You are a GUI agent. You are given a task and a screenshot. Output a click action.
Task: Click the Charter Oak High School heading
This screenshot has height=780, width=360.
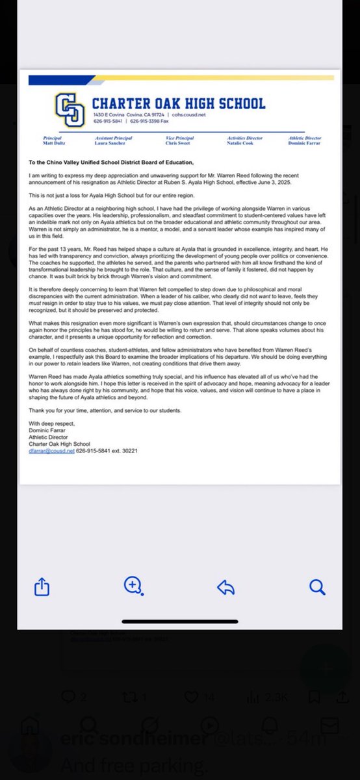coord(179,103)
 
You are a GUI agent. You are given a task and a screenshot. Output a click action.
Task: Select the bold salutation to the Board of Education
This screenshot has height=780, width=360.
coord(111,162)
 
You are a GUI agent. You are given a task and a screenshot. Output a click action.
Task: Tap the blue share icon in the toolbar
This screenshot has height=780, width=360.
coord(42,587)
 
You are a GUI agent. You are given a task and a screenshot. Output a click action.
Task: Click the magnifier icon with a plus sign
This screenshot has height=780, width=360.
coord(133,586)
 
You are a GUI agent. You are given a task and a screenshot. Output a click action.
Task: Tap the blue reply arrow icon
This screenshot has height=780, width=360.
coord(225,588)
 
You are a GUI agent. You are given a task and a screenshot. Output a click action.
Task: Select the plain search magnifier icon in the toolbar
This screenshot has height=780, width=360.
coord(317,588)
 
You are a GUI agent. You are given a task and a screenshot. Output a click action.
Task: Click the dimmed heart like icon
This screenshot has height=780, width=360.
coord(191,697)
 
